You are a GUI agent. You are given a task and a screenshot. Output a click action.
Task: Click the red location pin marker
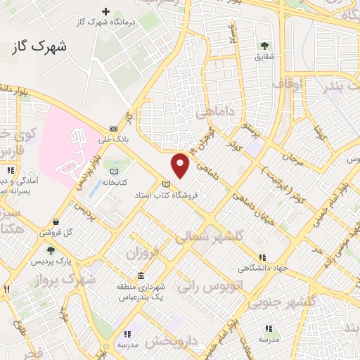pos(181,166)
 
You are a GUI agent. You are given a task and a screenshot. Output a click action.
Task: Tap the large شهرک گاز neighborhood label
pos(39,48)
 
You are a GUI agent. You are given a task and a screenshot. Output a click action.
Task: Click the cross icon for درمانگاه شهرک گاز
pos(106,11)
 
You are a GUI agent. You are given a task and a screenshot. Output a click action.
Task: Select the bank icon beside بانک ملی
pos(114,129)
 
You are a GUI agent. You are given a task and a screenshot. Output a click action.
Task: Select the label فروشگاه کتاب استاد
pos(167,195)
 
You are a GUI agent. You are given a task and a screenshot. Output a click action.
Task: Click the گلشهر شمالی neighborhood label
pos(211,238)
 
